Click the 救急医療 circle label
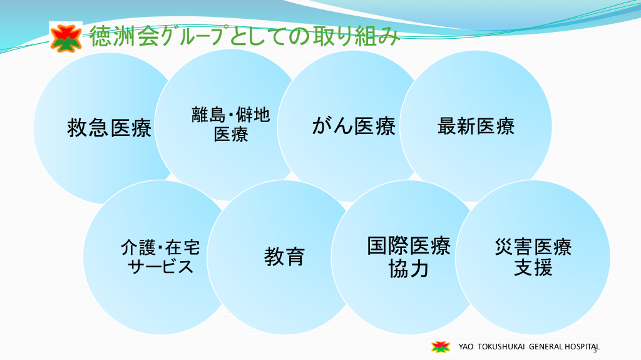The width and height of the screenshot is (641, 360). [x=109, y=128]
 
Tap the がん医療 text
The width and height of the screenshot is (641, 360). [x=354, y=126]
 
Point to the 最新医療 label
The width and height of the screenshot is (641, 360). [x=476, y=126]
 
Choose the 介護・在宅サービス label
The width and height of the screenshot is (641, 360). [x=160, y=257]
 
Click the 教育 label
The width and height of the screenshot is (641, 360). [x=284, y=257]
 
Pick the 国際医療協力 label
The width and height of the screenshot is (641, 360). [x=408, y=257]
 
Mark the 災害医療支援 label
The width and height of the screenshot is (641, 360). [x=533, y=257]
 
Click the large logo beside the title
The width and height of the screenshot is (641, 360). [x=66, y=38]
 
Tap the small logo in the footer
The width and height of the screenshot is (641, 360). [x=441, y=347]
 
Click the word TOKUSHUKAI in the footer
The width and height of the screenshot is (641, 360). [x=501, y=347]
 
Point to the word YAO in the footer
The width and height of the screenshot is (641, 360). [x=466, y=347]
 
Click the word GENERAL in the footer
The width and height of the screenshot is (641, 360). [x=546, y=347]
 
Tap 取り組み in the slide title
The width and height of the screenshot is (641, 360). [x=356, y=36]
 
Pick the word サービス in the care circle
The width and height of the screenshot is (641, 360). [x=160, y=267]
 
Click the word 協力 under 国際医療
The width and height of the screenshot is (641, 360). [x=408, y=269]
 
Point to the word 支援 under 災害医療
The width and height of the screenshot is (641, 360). [x=533, y=267]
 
